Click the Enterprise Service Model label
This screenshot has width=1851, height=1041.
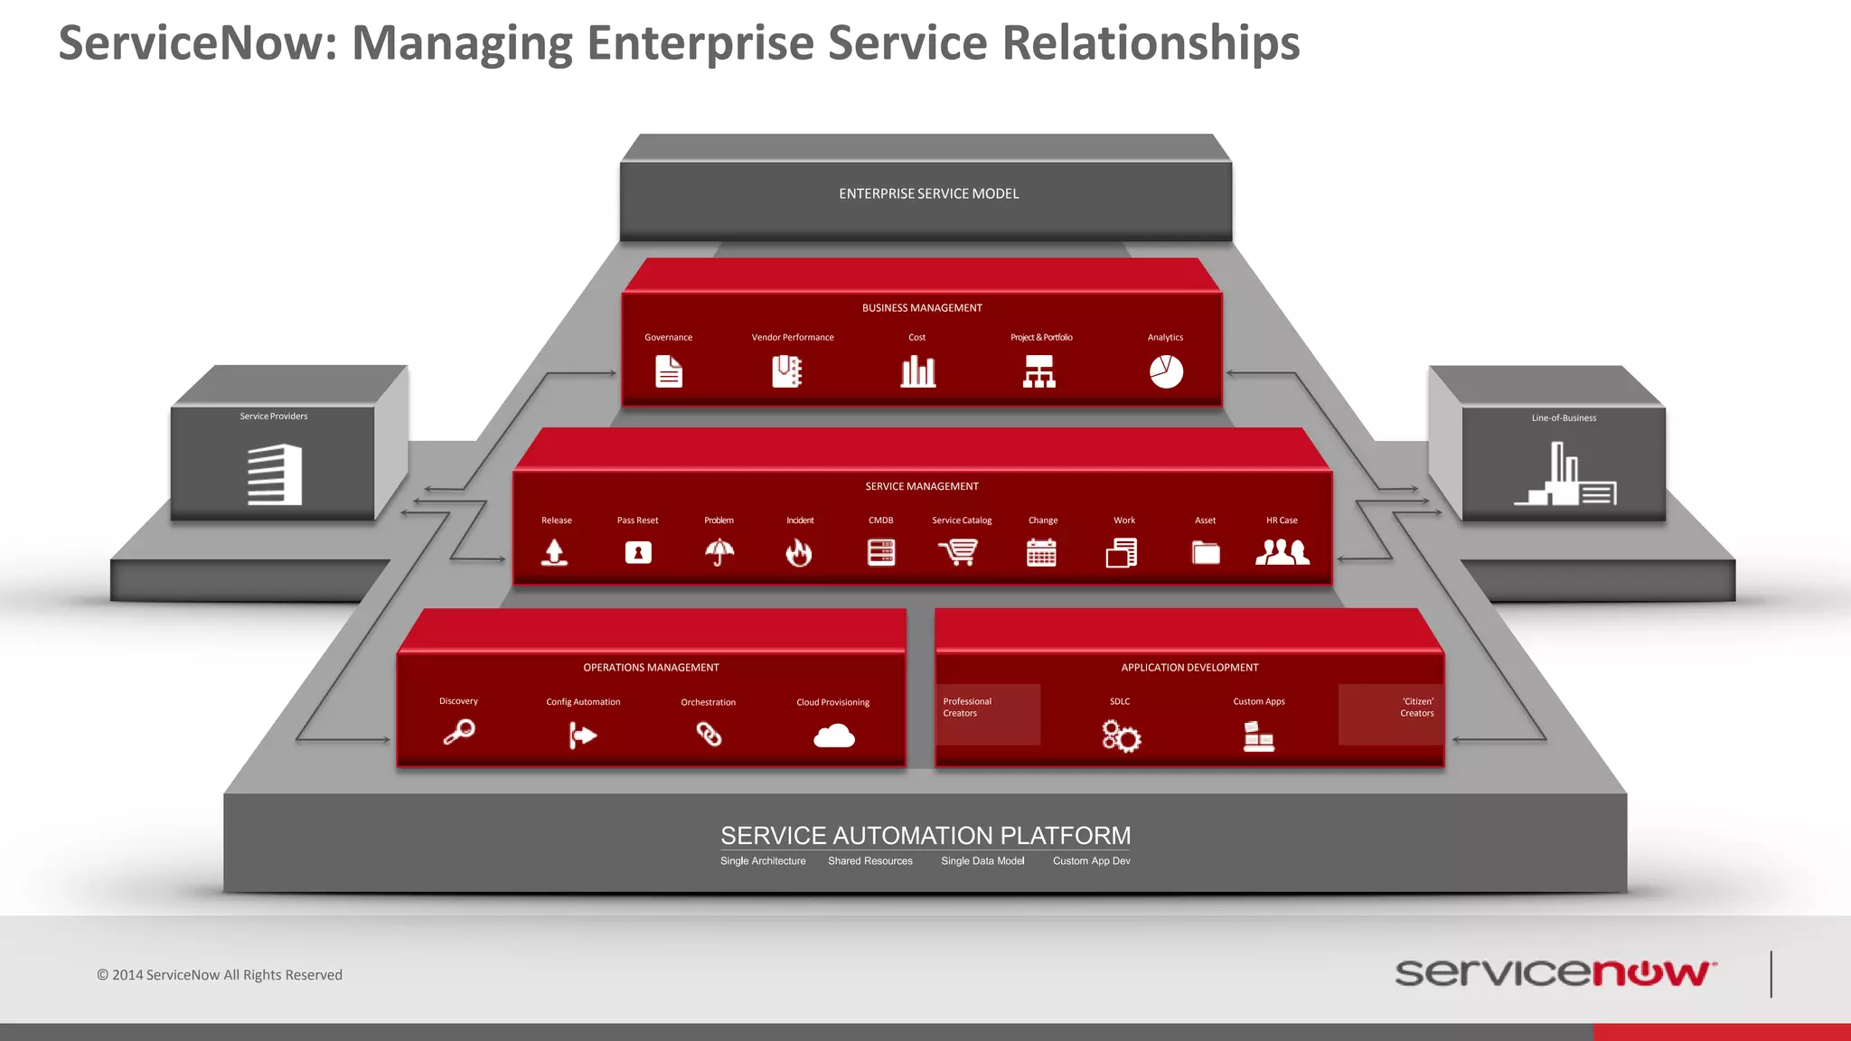(928, 193)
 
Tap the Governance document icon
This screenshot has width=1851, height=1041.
(669, 371)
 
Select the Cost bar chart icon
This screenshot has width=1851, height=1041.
(917, 371)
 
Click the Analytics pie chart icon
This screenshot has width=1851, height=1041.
(1166, 371)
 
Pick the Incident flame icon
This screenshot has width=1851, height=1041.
(799, 552)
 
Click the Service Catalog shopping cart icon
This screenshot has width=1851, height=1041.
(959, 552)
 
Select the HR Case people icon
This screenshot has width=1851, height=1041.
(1282, 552)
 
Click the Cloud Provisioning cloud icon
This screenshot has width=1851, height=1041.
(833, 736)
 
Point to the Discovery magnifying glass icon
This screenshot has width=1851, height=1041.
(459, 732)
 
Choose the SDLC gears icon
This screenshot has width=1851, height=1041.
(1121, 736)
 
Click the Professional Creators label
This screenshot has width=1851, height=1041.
(967, 707)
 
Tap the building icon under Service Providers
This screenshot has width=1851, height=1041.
(275, 474)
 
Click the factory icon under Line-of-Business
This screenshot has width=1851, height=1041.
(1565, 475)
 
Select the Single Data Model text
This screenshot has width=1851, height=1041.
(982, 861)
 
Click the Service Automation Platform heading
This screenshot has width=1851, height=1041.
(925, 835)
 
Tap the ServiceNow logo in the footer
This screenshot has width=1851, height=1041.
(1555, 973)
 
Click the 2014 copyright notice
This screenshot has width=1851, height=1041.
(220, 975)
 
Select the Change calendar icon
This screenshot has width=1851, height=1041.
(1041, 552)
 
